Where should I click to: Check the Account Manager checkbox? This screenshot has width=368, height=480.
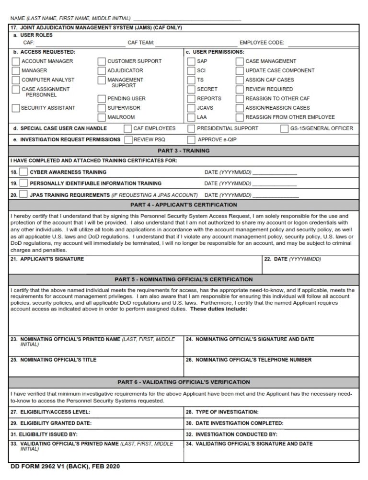pyautogui.click(x=16, y=61)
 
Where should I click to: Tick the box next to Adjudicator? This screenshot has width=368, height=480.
pyautogui.click(x=102, y=70)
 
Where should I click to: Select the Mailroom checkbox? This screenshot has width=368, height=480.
pyautogui.click(x=102, y=117)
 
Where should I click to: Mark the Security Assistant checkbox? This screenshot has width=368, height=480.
pyautogui.click(x=16, y=108)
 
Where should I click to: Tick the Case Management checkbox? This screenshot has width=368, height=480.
pyautogui.click(x=240, y=61)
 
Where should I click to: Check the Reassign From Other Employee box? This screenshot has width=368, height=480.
pyautogui.click(x=240, y=117)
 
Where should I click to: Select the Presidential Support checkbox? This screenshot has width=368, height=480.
pyautogui.click(x=191, y=128)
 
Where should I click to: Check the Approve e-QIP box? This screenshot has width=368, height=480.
pyautogui.click(x=191, y=140)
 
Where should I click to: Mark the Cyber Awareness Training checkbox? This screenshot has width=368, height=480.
pyautogui.click(x=23, y=172)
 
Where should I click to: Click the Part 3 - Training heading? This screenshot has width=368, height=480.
pyautogui.click(x=184, y=151)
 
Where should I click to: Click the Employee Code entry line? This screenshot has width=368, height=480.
pyautogui.click(x=322, y=43)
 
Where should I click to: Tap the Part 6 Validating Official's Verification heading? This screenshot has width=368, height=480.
pyautogui.click(x=184, y=382)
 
